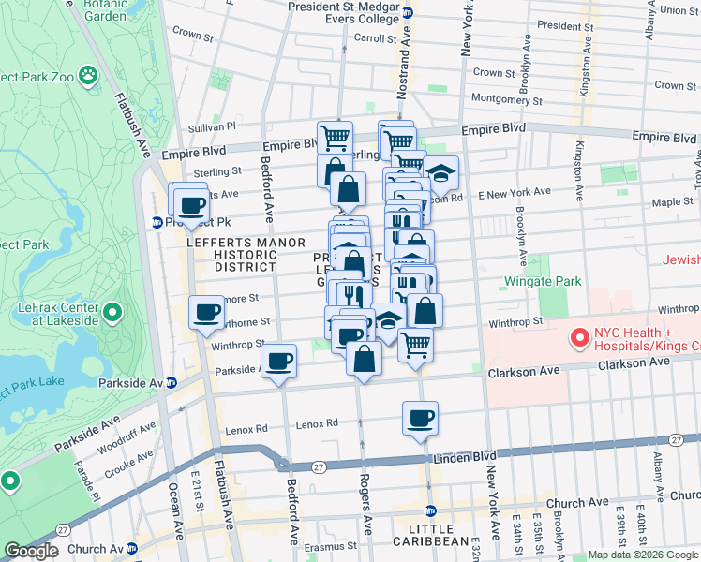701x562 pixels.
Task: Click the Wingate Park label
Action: (543, 281)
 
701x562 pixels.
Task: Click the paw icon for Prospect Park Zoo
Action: (87, 73)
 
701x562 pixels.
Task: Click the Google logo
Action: (31, 551)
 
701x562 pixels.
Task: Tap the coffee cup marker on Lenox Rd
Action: (421, 418)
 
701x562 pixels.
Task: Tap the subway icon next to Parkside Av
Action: (172, 382)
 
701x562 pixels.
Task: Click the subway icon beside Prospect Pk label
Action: (157, 222)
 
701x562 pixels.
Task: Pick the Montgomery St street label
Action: (507, 99)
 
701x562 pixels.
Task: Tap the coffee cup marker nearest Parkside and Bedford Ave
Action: (278, 361)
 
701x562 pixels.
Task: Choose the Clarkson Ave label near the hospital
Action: (524, 371)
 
